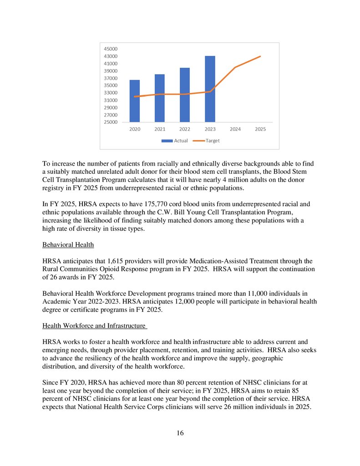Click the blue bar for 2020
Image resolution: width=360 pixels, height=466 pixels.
tap(135, 101)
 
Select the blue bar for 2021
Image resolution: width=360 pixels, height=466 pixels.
tap(160, 98)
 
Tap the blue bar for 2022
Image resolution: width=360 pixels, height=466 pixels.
tap(185, 95)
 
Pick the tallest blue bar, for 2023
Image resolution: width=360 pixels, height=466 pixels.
tap(210, 89)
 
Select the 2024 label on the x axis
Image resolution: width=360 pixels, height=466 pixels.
tap(235, 129)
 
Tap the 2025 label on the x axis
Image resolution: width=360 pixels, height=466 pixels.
tap(260, 129)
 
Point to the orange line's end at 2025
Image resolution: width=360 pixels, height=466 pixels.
tap(260, 56)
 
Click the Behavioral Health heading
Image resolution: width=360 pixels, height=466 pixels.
tap(68, 245)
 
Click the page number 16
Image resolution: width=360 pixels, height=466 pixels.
tap(180, 433)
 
